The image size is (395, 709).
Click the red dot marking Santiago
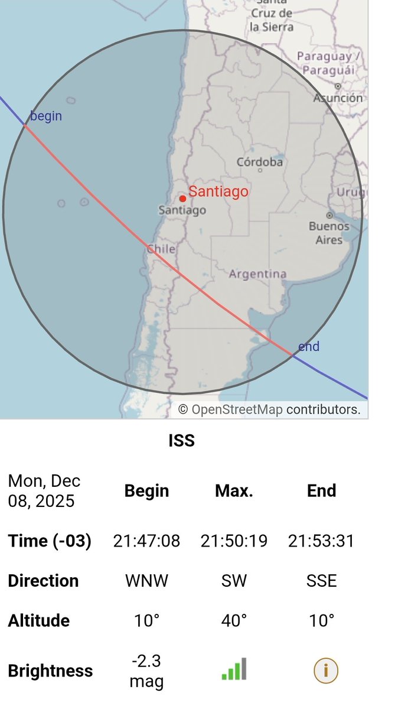coord(182,199)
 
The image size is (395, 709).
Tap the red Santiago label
coord(218,191)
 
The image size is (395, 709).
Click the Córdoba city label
coord(260,162)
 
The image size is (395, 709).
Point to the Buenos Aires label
coord(329,233)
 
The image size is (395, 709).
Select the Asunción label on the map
coord(338,97)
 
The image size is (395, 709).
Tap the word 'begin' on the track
coord(45,116)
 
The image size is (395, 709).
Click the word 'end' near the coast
coord(308,346)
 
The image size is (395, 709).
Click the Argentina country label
coord(257,274)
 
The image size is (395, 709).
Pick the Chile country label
coord(161,249)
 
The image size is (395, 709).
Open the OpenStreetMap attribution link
coord(237,409)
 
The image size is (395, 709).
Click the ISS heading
coord(181,441)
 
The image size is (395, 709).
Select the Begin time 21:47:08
coord(146,541)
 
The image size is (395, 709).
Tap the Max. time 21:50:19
coord(234,541)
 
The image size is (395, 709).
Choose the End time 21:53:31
coord(321,541)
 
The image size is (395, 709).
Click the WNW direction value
coord(146,581)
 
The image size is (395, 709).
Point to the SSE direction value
coord(321,581)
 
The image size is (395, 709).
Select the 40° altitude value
coord(234,620)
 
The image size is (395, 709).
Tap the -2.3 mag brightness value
coord(146,671)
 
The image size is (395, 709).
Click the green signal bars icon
coord(234,669)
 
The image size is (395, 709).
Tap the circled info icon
coord(321,671)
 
